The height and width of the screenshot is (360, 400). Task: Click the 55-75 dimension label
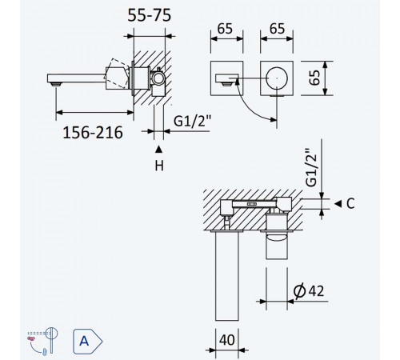(149, 15)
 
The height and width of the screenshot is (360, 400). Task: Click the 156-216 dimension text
(93, 133)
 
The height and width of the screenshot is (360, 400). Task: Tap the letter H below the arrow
(159, 166)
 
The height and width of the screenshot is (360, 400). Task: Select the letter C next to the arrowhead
(350, 204)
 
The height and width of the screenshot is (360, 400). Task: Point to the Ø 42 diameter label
(309, 290)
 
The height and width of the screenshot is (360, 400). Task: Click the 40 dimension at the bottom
(227, 340)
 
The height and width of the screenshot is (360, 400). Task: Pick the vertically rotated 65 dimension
(314, 78)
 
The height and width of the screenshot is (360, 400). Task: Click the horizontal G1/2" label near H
(192, 121)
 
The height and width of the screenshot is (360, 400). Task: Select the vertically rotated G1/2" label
(311, 167)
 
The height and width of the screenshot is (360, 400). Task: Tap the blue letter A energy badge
(87, 342)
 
